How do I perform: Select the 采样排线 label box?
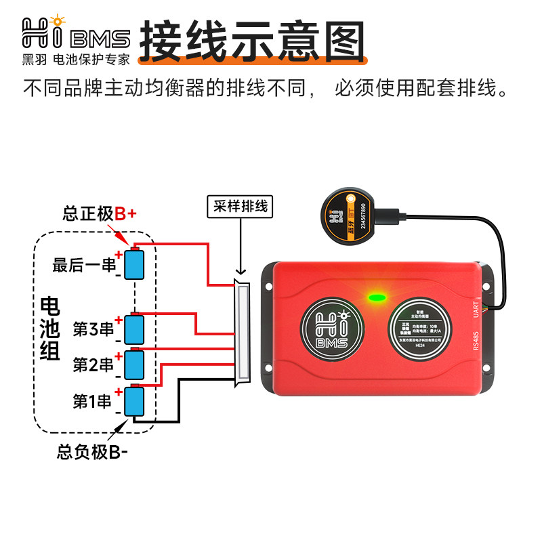pos(239,207)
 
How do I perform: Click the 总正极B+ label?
pos(99,214)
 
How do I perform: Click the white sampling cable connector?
pos(241,331)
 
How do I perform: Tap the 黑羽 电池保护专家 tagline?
pos(75,59)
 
